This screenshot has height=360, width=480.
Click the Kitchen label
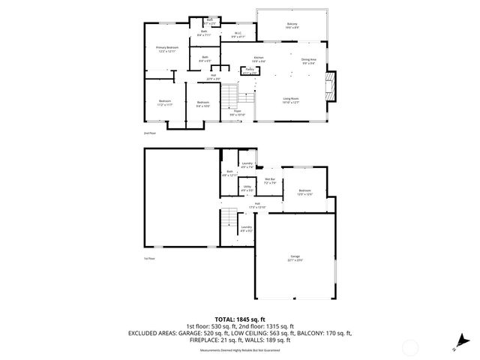(x=259, y=58)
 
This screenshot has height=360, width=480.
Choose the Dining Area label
(x=308, y=61)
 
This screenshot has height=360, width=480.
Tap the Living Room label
(x=291, y=100)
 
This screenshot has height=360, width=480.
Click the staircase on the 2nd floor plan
(x=229, y=96)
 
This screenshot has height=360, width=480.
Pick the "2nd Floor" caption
(x=148, y=133)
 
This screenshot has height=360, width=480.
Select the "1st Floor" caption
(x=148, y=259)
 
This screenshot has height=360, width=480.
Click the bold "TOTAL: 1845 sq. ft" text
(x=240, y=319)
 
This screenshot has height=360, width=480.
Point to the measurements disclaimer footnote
(x=240, y=350)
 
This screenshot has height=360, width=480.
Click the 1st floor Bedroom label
(x=304, y=192)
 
